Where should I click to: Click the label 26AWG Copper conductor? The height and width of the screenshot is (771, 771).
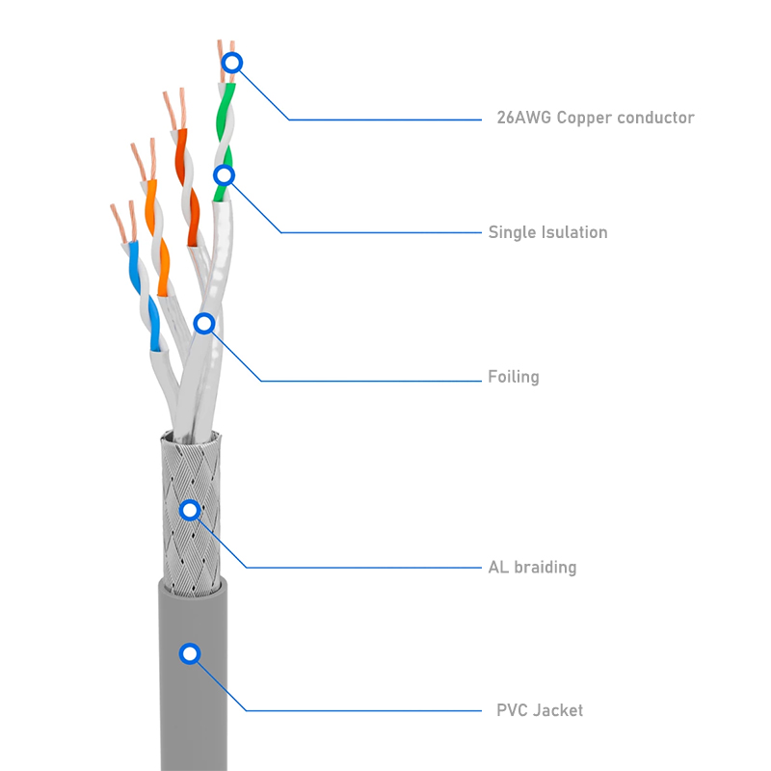click(x=595, y=118)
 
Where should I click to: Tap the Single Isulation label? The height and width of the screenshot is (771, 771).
click(x=547, y=232)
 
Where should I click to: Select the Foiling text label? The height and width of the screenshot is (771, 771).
click(x=513, y=377)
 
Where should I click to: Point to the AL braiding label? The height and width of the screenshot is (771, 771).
click(x=532, y=567)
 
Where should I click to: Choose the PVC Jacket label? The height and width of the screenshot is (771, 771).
click(x=539, y=710)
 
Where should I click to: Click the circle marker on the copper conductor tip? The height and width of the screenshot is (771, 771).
click(x=231, y=65)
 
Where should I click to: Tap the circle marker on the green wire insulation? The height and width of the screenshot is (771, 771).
click(x=224, y=175)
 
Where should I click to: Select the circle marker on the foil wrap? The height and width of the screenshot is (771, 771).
click(x=203, y=324)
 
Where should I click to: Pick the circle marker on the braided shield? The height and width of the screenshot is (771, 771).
click(x=190, y=509)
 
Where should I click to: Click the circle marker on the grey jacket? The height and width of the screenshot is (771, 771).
click(x=190, y=654)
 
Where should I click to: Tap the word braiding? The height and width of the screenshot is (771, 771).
click(x=545, y=567)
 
